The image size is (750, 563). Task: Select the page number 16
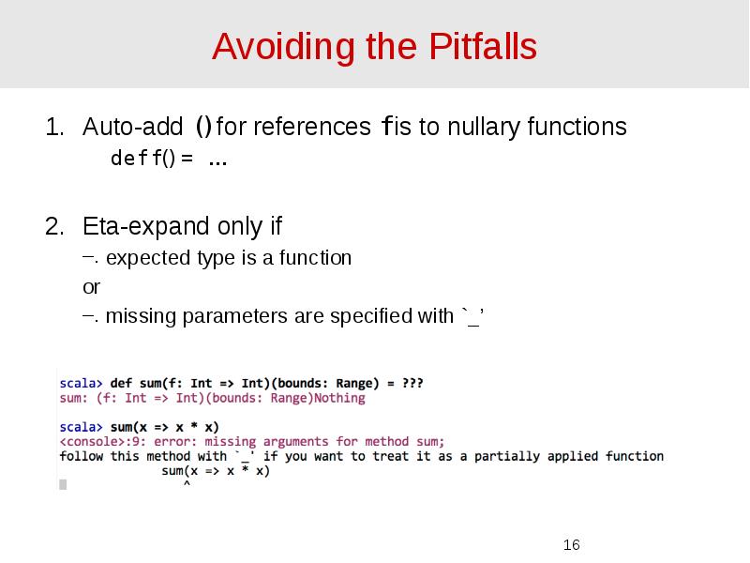571,545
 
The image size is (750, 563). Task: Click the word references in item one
311,127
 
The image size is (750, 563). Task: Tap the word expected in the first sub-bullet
148,258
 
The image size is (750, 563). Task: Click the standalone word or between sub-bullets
91,287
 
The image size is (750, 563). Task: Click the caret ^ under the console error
186,485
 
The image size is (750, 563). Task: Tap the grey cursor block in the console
63,485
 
